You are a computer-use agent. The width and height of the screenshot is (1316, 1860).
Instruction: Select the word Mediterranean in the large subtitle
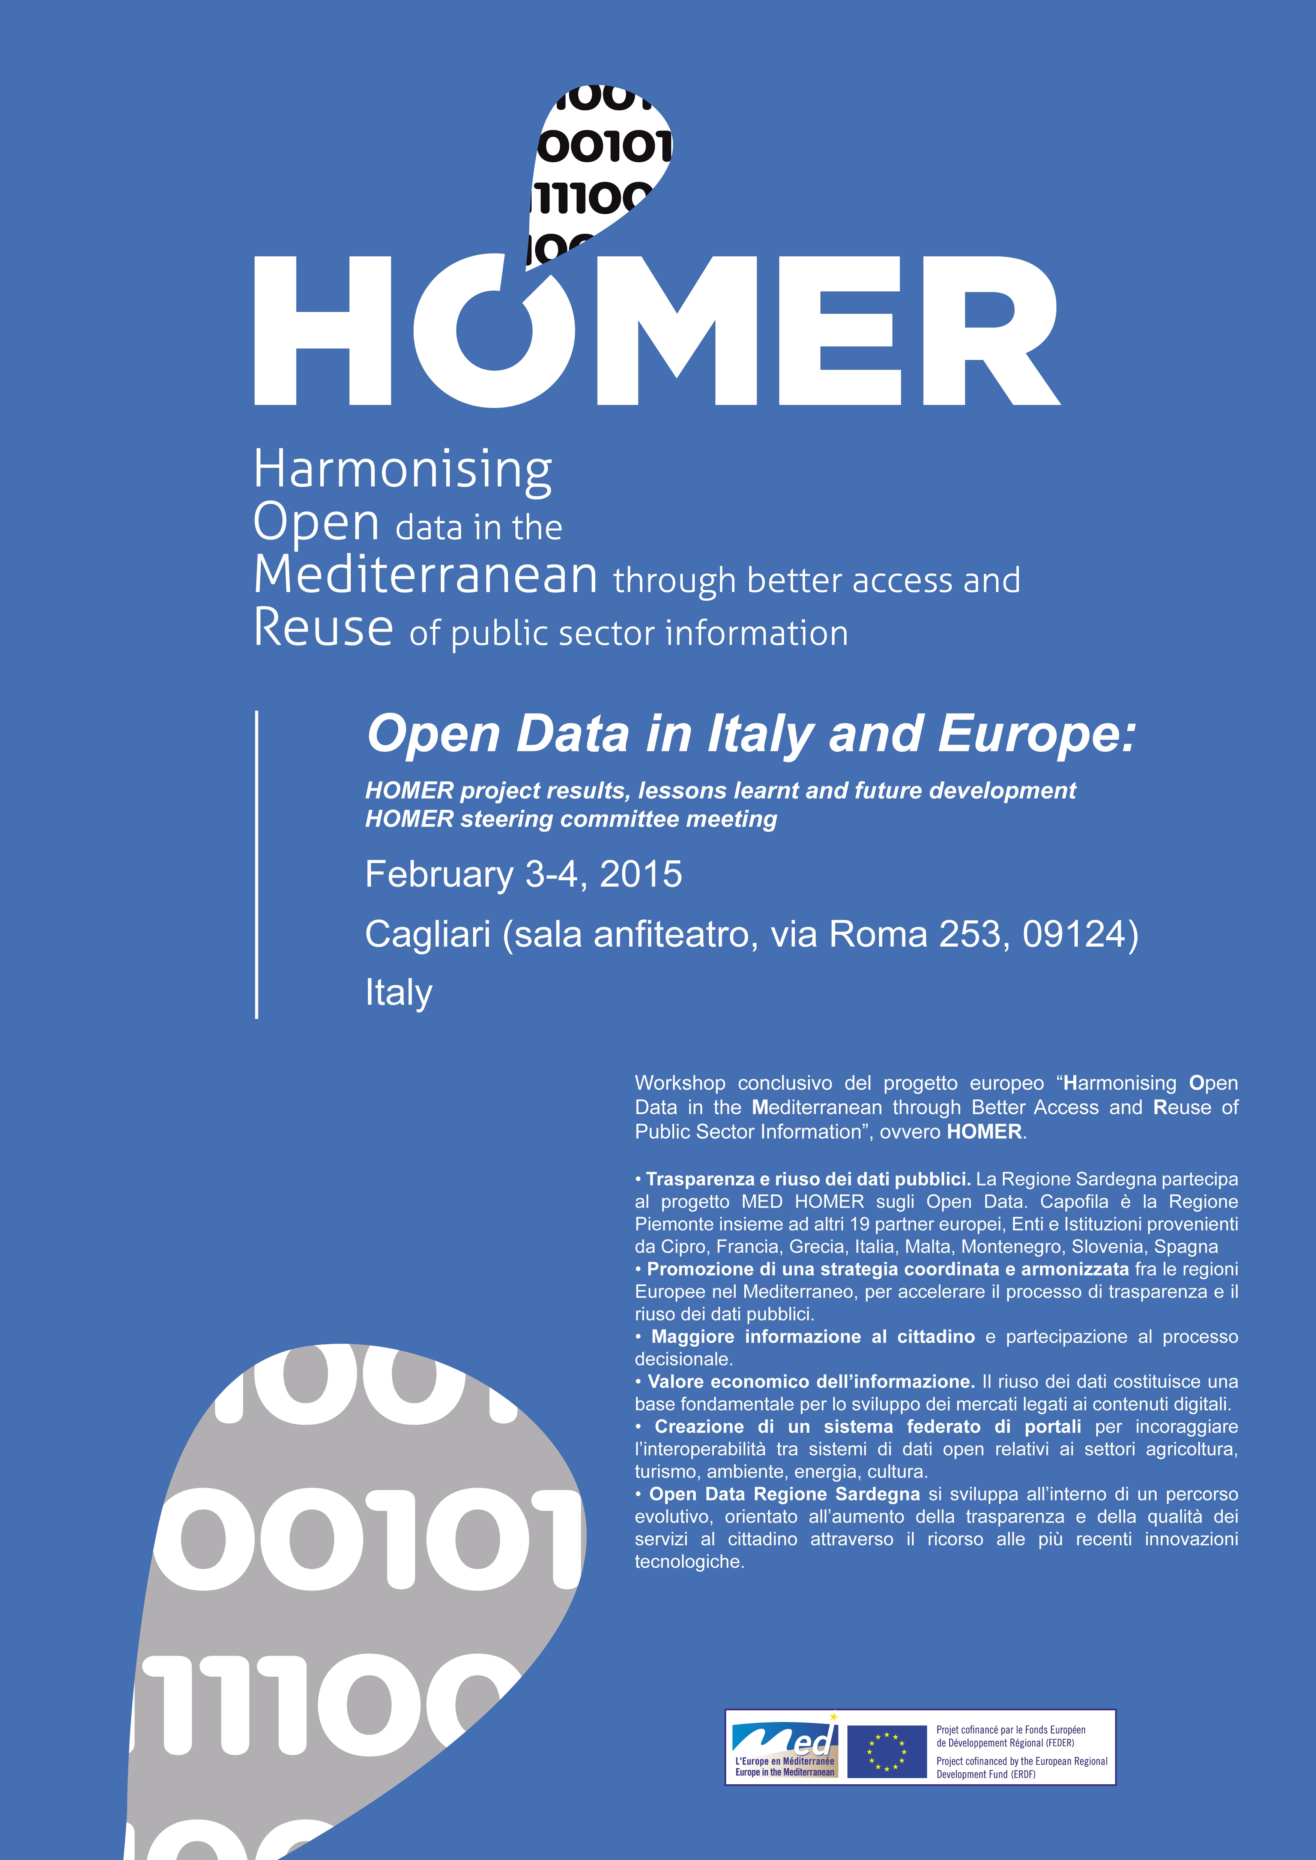pyautogui.click(x=425, y=575)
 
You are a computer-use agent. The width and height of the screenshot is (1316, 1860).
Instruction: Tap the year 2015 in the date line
pyautogui.click(x=640, y=874)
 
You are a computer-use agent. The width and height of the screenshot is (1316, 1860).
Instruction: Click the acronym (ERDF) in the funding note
pyautogui.click(x=1023, y=1774)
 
